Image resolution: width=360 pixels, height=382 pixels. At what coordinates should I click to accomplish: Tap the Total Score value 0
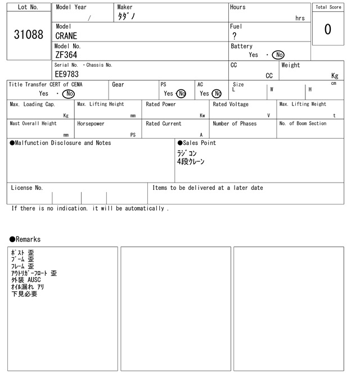click(x=327, y=30)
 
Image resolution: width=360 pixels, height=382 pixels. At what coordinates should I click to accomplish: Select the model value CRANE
click(x=66, y=36)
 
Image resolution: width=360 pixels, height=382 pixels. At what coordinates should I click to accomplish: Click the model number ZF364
click(x=66, y=55)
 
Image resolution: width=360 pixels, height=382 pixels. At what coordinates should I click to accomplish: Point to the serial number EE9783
click(x=67, y=74)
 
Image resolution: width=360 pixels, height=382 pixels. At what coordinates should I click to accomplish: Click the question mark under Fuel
click(x=234, y=36)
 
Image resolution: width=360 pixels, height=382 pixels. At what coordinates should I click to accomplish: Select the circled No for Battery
click(x=278, y=55)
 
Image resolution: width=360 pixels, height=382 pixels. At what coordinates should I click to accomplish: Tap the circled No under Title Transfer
click(x=68, y=94)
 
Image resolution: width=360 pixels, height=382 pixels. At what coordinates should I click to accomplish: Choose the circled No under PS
click(x=181, y=94)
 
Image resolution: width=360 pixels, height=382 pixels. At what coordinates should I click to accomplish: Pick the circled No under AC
click(x=217, y=94)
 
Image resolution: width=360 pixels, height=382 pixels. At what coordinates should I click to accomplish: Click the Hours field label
click(x=237, y=7)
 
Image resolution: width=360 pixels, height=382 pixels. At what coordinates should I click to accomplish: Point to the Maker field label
click(x=125, y=7)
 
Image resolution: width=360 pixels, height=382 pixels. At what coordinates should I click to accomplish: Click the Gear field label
click(x=118, y=84)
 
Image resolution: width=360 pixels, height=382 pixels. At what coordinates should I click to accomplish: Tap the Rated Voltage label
click(x=231, y=104)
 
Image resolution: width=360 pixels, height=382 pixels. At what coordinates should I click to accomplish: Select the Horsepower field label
click(x=91, y=124)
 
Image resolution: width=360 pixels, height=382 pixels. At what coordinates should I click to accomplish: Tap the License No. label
click(x=27, y=188)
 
